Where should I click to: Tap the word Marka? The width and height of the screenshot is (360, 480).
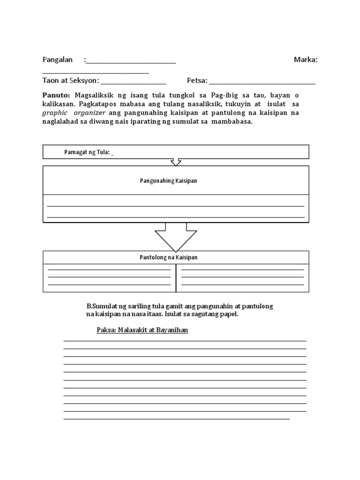coord(306,60)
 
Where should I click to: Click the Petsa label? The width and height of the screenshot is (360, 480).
coord(197,81)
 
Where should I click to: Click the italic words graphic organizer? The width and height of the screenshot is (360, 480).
coord(74,113)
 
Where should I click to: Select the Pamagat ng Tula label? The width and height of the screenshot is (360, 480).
coord(87,152)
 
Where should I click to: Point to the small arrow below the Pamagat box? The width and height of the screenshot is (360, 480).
coord(176,162)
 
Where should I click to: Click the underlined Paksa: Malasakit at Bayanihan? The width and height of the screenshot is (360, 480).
coord(142,330)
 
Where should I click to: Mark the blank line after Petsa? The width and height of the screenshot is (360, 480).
coord(262,82)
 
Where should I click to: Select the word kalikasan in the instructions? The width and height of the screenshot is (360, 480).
coord(59,104)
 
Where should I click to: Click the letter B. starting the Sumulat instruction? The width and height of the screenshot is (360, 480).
coord(89,306)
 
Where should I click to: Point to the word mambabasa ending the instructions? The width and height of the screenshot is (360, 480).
coord(232,122)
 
